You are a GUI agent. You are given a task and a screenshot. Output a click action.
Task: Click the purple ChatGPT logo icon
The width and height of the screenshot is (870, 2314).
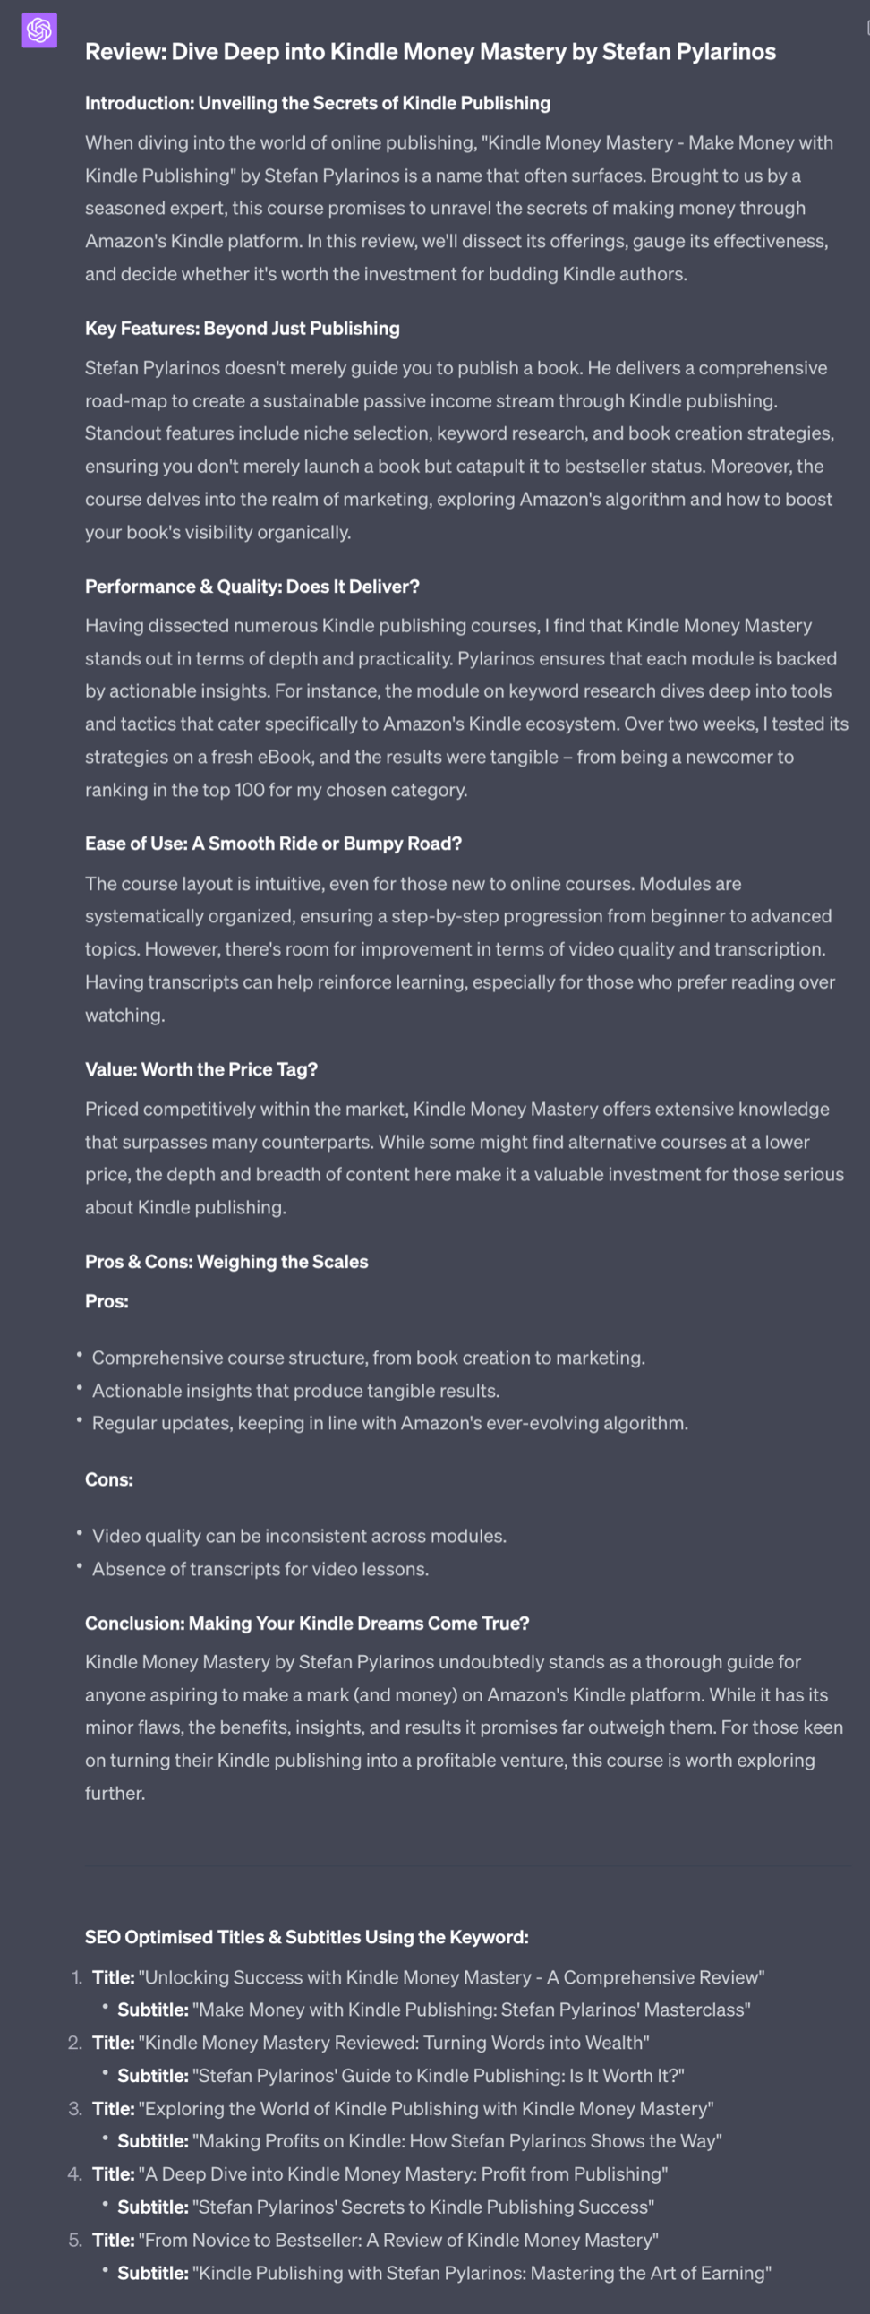pos(39,30)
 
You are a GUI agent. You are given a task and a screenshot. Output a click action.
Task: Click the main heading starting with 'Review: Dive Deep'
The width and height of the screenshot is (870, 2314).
pos(430,52)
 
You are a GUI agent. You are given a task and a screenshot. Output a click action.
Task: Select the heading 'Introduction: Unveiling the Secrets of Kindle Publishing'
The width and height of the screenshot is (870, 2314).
pos(318,103)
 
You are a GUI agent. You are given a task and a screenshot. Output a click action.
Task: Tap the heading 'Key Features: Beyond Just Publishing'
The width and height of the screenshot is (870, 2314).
pos(243,329)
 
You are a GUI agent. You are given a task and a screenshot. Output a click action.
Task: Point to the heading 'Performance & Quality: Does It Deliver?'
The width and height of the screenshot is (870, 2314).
pos(252,587)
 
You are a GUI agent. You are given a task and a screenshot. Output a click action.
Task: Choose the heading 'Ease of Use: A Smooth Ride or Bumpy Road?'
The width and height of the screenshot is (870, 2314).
pos(273,844)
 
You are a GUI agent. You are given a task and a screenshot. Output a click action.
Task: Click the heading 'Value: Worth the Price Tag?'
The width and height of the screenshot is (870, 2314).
pos(201,1069)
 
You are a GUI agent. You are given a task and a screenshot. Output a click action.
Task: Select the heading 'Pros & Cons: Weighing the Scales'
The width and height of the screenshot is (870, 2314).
pos(226,1261)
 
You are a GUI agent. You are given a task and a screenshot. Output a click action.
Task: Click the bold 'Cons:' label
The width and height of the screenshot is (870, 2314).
pos(108,1479)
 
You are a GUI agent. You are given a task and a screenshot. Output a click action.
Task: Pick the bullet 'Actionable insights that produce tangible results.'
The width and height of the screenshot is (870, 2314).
pos(295,1391)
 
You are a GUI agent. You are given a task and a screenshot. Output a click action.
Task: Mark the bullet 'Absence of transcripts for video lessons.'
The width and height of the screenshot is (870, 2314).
pos(260,1568)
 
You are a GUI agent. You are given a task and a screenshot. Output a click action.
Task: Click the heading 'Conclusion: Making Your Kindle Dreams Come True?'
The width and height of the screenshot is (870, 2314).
pos(307,1624)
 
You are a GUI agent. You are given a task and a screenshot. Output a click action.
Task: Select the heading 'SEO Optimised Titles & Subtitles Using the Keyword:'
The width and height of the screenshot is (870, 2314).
pos(306,1937)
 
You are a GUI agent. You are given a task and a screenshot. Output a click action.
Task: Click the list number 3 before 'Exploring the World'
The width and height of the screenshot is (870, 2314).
pos(75,2108)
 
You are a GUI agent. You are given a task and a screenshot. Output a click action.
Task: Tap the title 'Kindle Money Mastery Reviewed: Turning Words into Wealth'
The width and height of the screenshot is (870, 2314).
pos(393,2043)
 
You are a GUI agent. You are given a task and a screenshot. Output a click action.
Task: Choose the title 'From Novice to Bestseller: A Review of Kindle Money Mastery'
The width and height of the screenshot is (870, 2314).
pos(401,2240)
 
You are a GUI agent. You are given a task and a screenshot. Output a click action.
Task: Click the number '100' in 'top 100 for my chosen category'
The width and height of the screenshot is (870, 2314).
pos(249,790)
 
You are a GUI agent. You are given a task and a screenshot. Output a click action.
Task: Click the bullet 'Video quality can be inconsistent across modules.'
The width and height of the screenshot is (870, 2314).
pos(299,1536)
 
